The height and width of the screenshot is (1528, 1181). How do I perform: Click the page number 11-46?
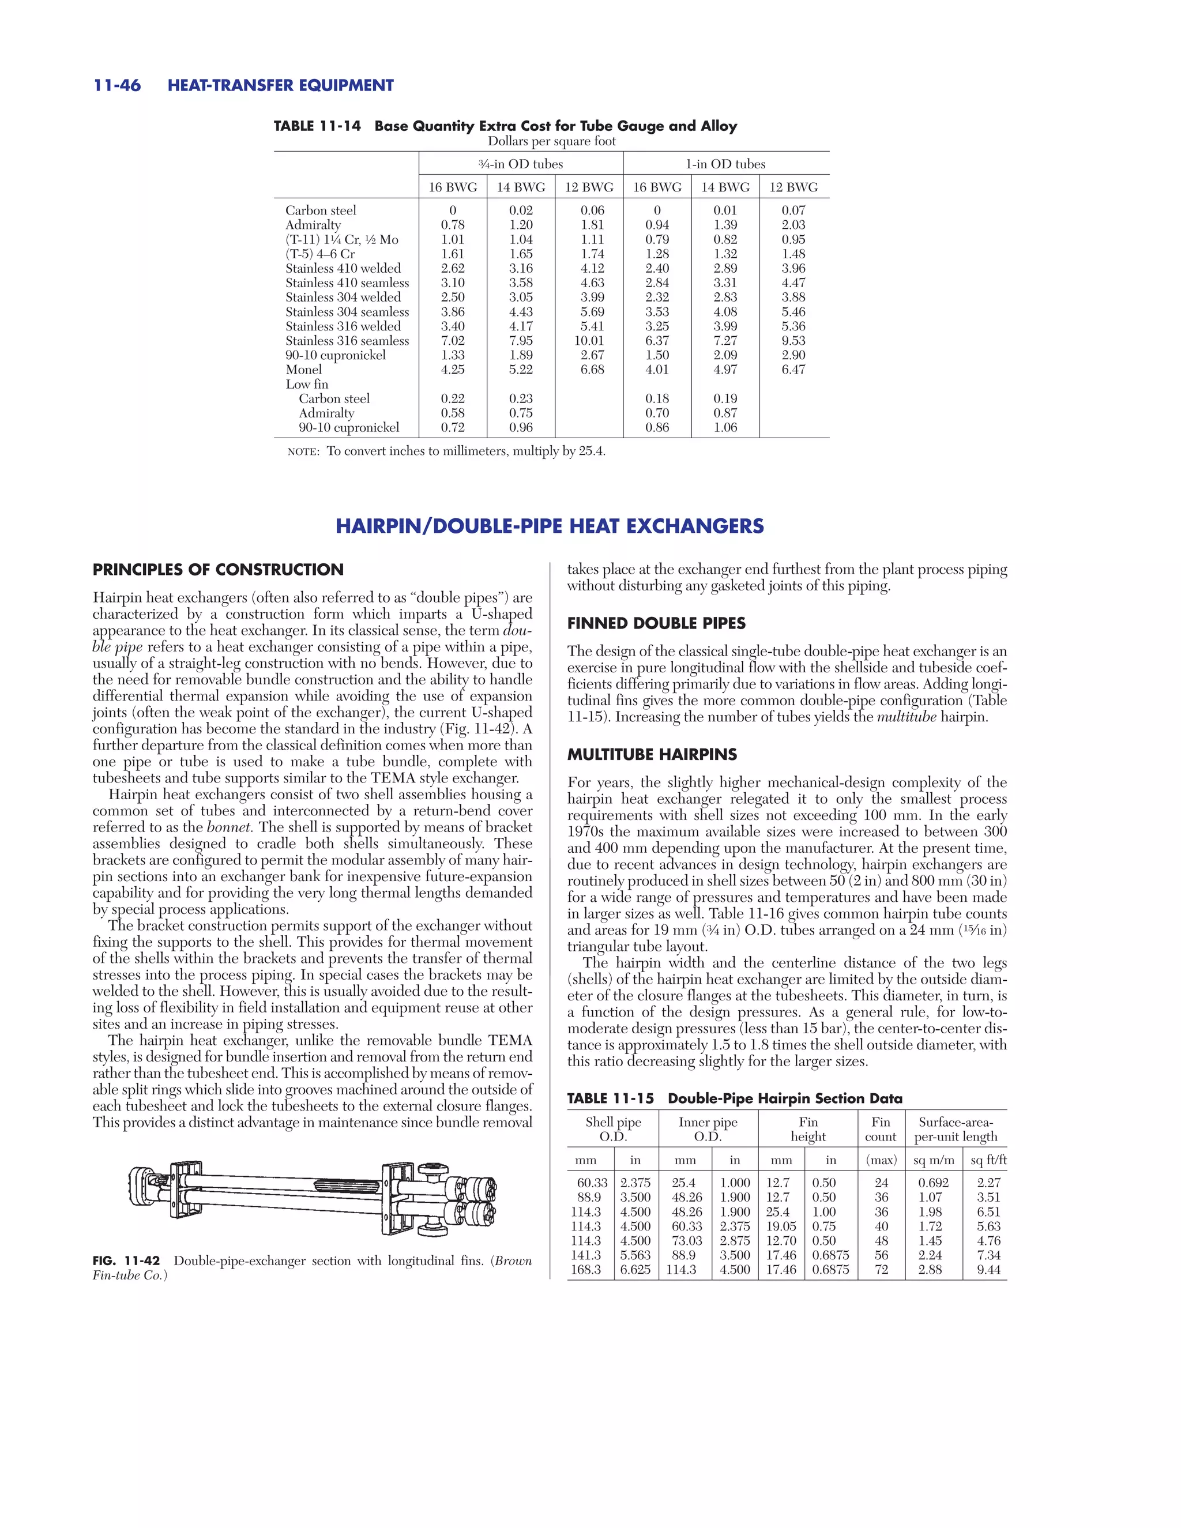pyautogui.click(x=117, y=85)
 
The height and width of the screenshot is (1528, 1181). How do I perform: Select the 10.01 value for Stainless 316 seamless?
pyautogui.click(x=592, y=341)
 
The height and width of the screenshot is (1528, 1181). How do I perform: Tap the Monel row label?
pyautogui.click(x=304, y=370)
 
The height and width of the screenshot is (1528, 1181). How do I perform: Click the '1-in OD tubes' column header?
pyautogui.click(x=725, y=164)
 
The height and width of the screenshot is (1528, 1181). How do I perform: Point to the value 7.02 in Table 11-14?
pyautogui.click(x=453, y=341)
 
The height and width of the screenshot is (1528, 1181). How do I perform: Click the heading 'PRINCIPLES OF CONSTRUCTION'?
pyautogui.click(x=219, y=570)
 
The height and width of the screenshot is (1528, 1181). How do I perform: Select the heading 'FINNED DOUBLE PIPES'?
pyautogui.click(x=656, y=623)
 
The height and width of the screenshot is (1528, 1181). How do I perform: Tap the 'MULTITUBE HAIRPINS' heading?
pyautogui.click(x=652, y=755)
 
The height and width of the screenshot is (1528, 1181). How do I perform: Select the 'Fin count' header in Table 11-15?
pyautogui.click(x=881, y=1129)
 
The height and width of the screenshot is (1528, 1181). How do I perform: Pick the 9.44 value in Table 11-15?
pyautogui.click(x=988, y=1270)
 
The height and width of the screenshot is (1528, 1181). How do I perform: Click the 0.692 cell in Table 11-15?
pyautogui.click(x=934, y=1183)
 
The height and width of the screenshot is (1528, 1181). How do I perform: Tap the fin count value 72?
pyautogui.click(x=882, y=1270)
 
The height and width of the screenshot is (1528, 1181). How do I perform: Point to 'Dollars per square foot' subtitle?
pyautogui.click(x=551, y=141)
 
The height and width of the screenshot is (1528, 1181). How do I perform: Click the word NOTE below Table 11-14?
pyautogui.click(x=303, y=452)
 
